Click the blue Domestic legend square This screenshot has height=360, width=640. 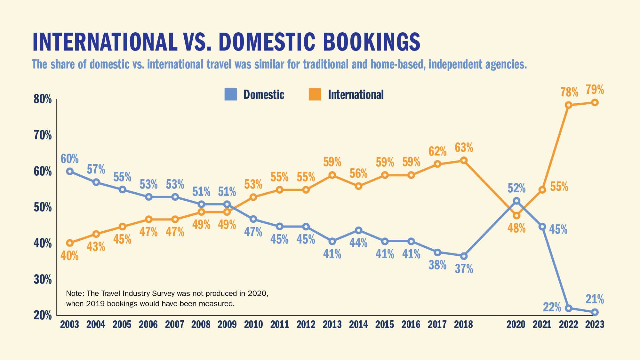tap(231, 94)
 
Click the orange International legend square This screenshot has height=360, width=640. tap(315, 94)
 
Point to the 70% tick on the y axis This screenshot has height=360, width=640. tap(43, 135)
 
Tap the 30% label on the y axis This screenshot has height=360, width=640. tap(43, 279)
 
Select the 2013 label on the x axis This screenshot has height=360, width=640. tap(332, 324)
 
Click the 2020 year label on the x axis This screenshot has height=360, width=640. tap(516, 324)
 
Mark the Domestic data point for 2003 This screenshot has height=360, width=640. tap(70, 171)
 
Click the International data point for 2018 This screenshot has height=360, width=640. tap(464, 160)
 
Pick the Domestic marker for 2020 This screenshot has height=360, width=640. tap(516, 201)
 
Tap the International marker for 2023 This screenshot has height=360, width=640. tap(595, 102)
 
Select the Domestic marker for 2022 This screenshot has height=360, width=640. tap(569, 308)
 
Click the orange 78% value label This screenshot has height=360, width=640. tap(569, 92)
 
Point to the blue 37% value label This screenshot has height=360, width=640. tap(464, 269)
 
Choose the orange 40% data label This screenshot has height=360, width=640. tap(70, 255)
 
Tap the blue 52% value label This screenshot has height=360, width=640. tap(516, 188)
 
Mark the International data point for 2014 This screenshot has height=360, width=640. tap(359, 186)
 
